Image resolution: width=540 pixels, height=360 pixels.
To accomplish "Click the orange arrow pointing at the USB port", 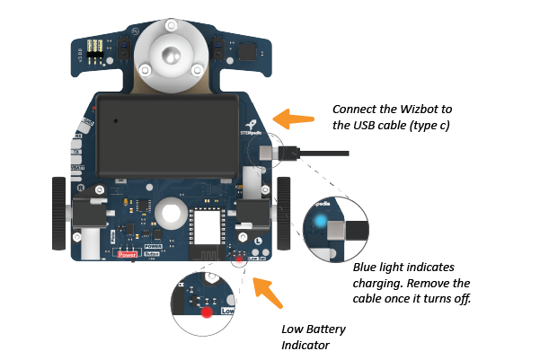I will [294, 118].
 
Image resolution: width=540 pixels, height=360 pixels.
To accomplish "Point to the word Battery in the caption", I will [325, 329].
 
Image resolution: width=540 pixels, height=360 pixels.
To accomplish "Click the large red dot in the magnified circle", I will [207, 312].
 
